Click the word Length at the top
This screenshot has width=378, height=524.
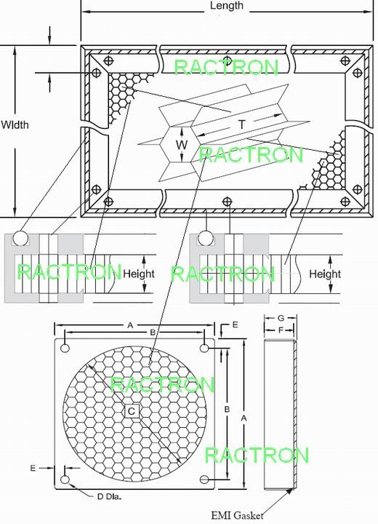click(x=227, y=6)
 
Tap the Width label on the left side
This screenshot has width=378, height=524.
click(x=15, y=125)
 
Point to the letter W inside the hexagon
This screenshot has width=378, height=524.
click(x=182, y=145)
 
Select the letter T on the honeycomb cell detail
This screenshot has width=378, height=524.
click(x=241, y=124)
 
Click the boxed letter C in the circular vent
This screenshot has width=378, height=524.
click(x=132, y=411)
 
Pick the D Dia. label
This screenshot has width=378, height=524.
click(x=109, y=496)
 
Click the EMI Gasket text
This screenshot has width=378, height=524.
click(x=237, y=515)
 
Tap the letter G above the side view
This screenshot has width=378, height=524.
click(x=281, y=318)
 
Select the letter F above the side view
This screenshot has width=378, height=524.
click(x=281, y=330)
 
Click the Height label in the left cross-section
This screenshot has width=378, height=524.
click(x=139, y=274)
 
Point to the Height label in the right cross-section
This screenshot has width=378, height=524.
click(x=325, y=274)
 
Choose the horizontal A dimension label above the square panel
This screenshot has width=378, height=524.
click(x=131, y=325)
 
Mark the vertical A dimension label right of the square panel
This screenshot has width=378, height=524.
click(x=244, y=418)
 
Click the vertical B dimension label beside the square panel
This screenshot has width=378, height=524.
click(x=227, y=409)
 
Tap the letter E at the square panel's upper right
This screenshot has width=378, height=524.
click(x=235, y=325)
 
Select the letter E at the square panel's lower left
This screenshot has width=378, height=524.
click(x=33, y=468)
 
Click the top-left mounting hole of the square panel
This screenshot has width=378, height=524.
click(x=65, y=348)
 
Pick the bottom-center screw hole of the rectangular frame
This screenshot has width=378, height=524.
click(x=228, y=202)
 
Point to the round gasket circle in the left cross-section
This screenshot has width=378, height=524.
click(x=20, y=238)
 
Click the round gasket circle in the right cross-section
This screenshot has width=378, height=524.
click(x=206, y=238)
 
